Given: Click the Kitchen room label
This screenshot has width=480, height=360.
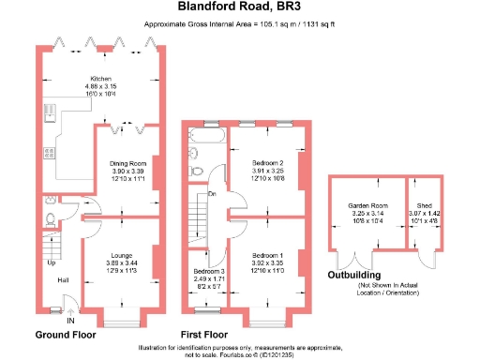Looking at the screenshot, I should click(x=101, y=79).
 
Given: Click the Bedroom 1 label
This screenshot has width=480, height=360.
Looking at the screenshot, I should click(x=268, y=255).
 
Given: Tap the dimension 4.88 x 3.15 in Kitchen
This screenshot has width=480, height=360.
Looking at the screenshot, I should click(x=101, y=87).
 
